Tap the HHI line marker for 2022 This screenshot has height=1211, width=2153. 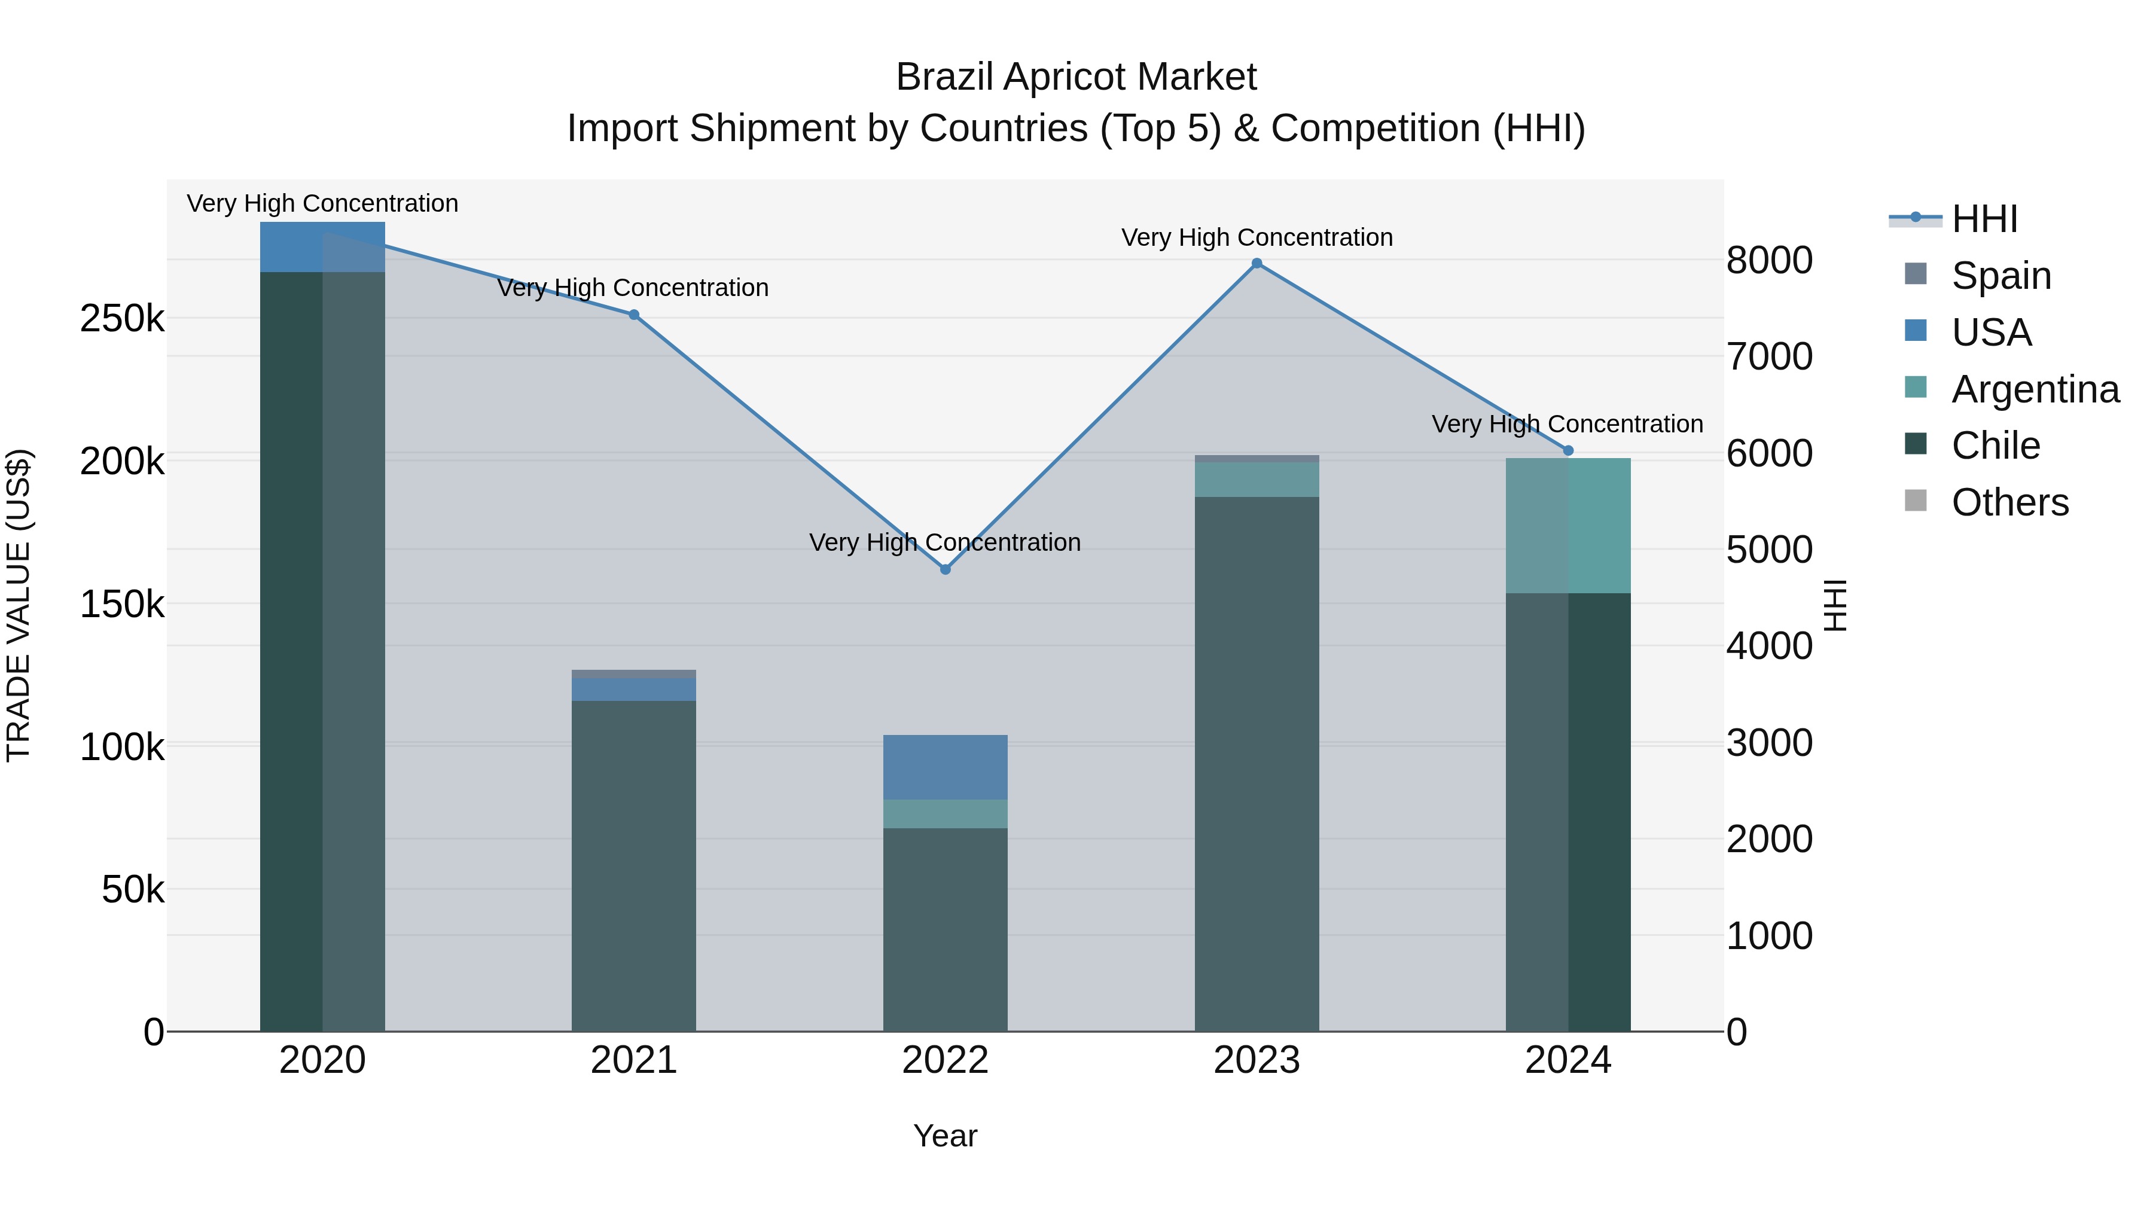click(946, 569)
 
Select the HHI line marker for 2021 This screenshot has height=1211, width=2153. click(633, 315)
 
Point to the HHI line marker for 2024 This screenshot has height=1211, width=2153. click(1568, 450)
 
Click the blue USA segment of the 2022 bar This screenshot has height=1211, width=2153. click(946, 767)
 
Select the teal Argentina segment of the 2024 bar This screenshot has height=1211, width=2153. click(1568, 526)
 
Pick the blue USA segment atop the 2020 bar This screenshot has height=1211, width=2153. click(322, 246)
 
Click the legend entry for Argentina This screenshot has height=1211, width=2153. click(2035, 389)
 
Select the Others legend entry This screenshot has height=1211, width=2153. click(2009, 502)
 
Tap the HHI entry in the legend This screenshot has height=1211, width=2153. click(1984, 219)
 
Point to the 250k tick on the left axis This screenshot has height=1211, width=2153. click(122, 318)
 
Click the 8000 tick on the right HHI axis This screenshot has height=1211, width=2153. click(1770, 260)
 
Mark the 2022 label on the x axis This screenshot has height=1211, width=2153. click(946, 1060)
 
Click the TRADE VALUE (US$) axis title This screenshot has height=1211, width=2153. click(19, 605)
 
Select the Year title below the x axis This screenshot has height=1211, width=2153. click(946, 1136)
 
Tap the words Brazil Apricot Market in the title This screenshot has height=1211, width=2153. click(1076, 77)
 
